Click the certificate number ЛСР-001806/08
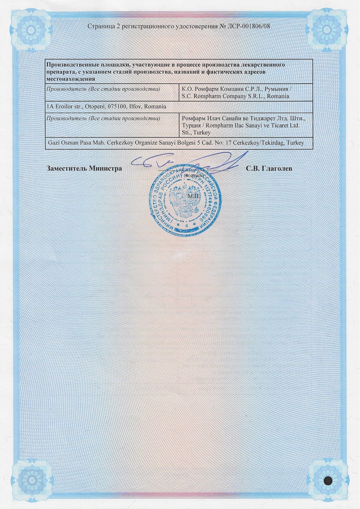coord(251,26)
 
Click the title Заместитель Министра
coord(84,168)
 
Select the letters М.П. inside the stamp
coord(192,196)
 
